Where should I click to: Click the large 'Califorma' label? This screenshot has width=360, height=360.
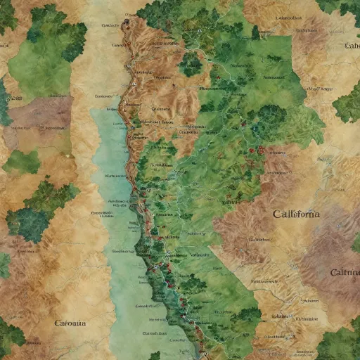coord(295,214)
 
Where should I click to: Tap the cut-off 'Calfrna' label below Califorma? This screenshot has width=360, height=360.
coord(345,272)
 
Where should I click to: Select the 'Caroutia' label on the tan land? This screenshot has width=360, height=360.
coord(70,323)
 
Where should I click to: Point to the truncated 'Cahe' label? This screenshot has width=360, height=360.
coord(352,46)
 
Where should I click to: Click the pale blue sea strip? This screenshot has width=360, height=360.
coord(112,211)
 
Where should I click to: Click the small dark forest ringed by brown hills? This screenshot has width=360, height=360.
coord(191,65)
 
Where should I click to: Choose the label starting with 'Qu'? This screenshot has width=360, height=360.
coord(161,109)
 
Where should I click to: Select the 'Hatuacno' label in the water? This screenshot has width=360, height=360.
coord(115,176)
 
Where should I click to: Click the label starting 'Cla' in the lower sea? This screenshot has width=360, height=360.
coord(153,333)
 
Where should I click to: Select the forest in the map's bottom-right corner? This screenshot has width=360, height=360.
coord(341,345)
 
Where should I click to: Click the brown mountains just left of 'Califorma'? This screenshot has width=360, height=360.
coord(243,218)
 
